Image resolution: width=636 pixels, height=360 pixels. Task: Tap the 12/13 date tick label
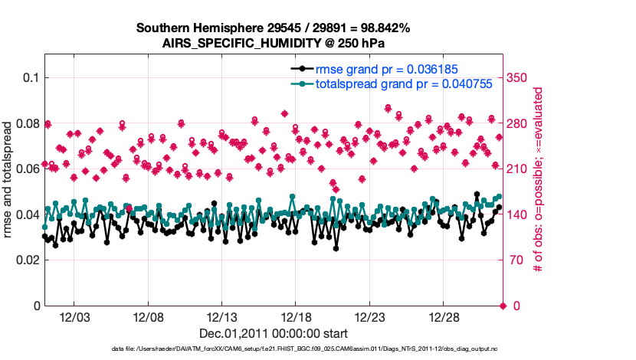(221, 316)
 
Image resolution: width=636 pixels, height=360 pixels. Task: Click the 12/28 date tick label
(444, 316)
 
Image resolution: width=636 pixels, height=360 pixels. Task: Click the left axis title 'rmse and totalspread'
(8, 181)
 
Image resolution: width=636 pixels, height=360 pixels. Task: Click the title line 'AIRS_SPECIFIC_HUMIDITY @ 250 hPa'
(274, 43)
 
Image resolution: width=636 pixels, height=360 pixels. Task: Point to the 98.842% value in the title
(382, 28)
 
